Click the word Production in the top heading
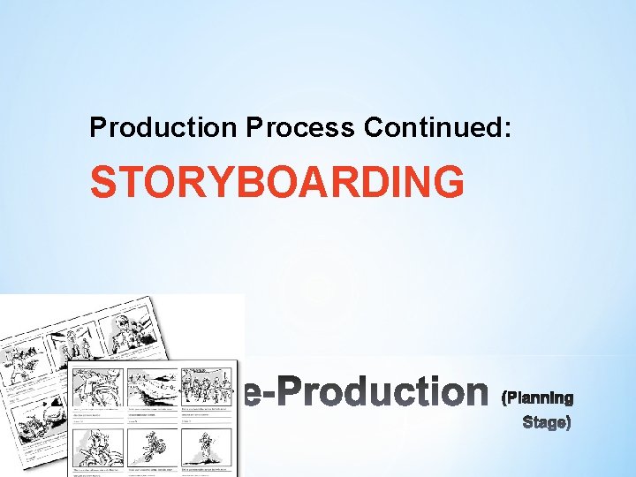point(163,128)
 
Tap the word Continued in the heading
point(433,128)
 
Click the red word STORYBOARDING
point(276,183)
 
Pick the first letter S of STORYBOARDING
point(104,183)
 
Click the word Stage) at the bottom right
point(547,422)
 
